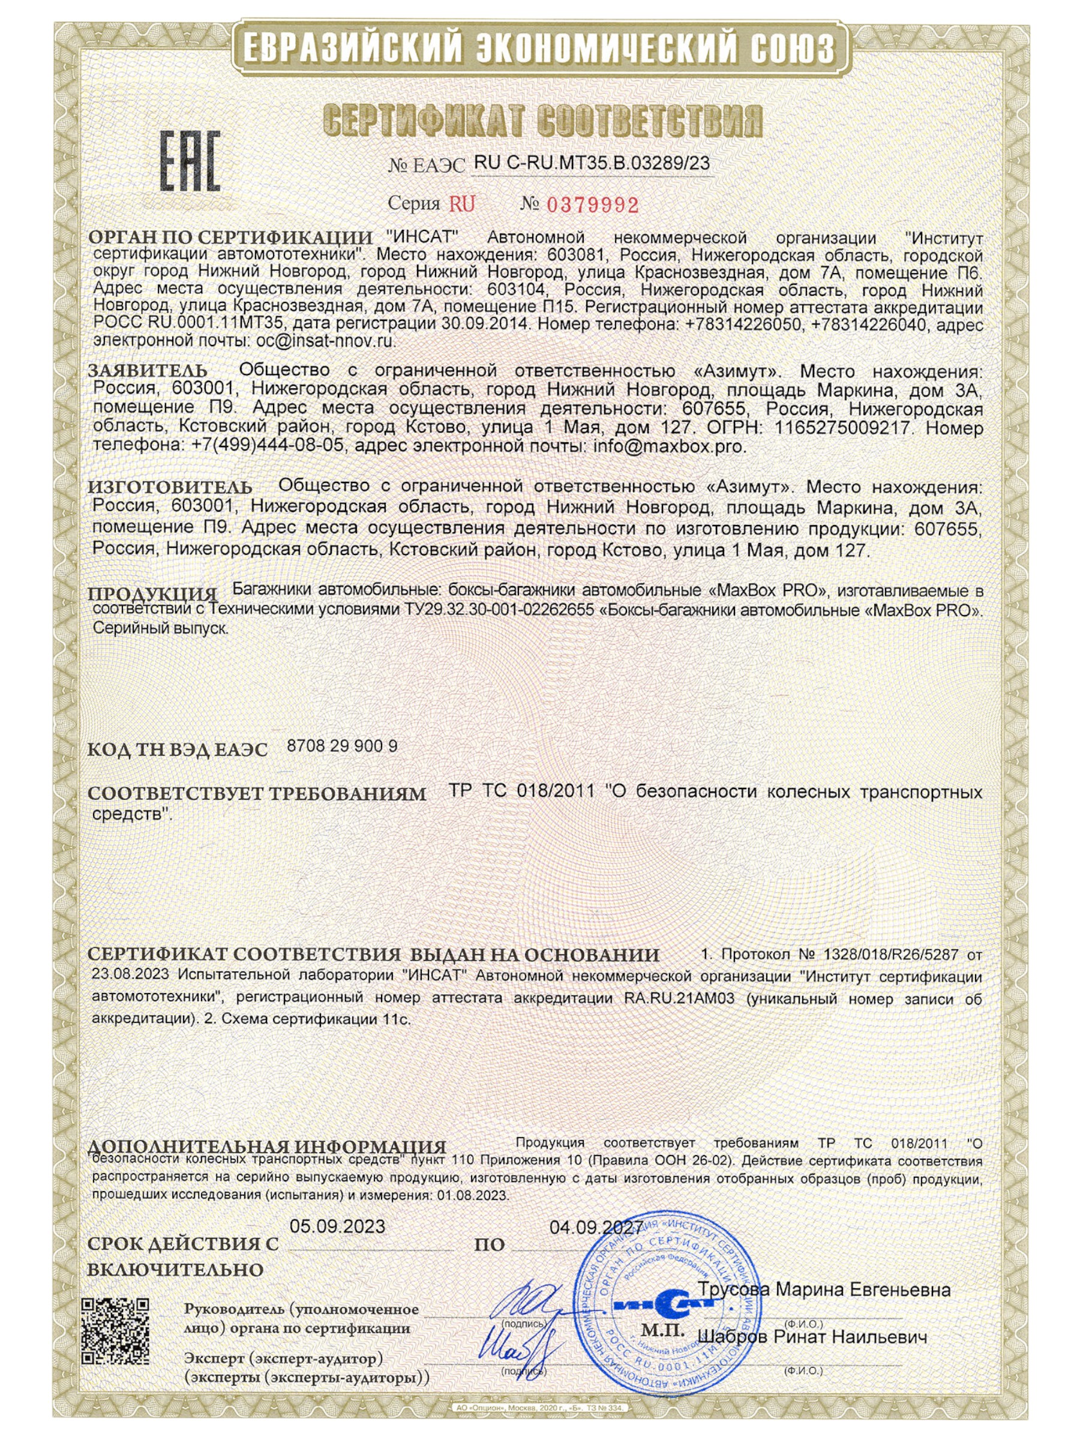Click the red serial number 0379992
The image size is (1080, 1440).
592,205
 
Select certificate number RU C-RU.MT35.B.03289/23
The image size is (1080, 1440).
592,163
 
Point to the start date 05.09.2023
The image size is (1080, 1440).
337,1226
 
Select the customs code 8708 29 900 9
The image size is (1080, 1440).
342,746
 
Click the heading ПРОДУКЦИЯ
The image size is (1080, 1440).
152,594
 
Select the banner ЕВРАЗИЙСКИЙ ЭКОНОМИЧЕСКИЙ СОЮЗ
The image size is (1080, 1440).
539,49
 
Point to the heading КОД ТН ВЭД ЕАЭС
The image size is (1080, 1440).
177,749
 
